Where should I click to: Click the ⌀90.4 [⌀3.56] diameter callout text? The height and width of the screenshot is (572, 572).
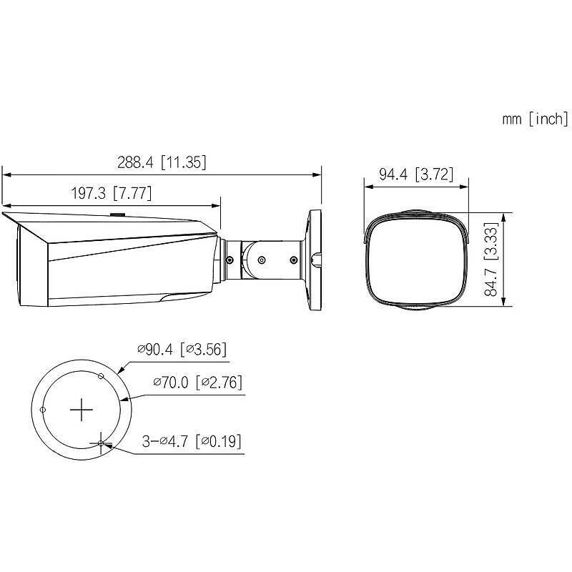click(182, 350)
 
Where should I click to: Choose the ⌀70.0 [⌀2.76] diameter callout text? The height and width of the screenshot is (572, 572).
click(197, 383)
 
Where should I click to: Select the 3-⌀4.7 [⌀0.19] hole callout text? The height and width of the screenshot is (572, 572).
click(191, 441)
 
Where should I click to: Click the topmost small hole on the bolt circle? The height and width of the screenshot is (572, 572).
click(101, 376)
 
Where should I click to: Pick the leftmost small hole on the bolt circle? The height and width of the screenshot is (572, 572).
click(44, 410)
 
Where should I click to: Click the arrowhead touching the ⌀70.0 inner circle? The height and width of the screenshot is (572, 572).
click(128, 399)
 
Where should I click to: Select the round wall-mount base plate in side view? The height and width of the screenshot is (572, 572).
click(314, 260)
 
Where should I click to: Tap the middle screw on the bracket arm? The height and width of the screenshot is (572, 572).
click(260, 260)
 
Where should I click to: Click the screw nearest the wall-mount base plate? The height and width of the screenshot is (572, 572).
click(294, 260)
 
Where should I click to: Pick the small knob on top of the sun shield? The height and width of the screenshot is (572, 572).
click(117, 213)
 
